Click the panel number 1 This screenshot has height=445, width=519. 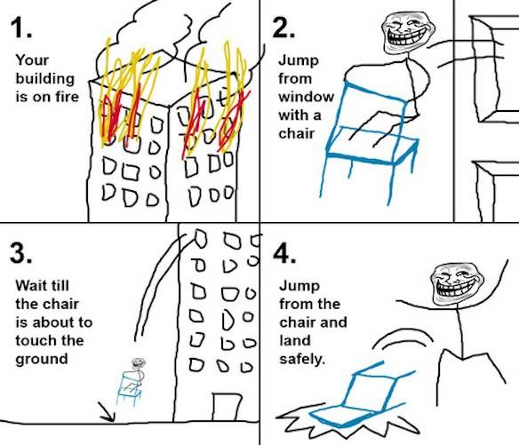20,28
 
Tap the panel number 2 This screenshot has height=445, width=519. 283,28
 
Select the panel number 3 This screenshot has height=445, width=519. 21,253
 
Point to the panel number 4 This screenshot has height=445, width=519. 284,253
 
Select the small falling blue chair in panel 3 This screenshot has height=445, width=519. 129,388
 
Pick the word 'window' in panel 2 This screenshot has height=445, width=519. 307,97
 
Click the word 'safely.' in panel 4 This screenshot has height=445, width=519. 302,360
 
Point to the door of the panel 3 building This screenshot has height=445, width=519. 226,407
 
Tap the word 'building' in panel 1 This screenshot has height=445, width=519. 44,79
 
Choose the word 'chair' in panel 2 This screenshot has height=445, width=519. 296,133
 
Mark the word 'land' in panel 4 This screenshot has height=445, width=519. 295,340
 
